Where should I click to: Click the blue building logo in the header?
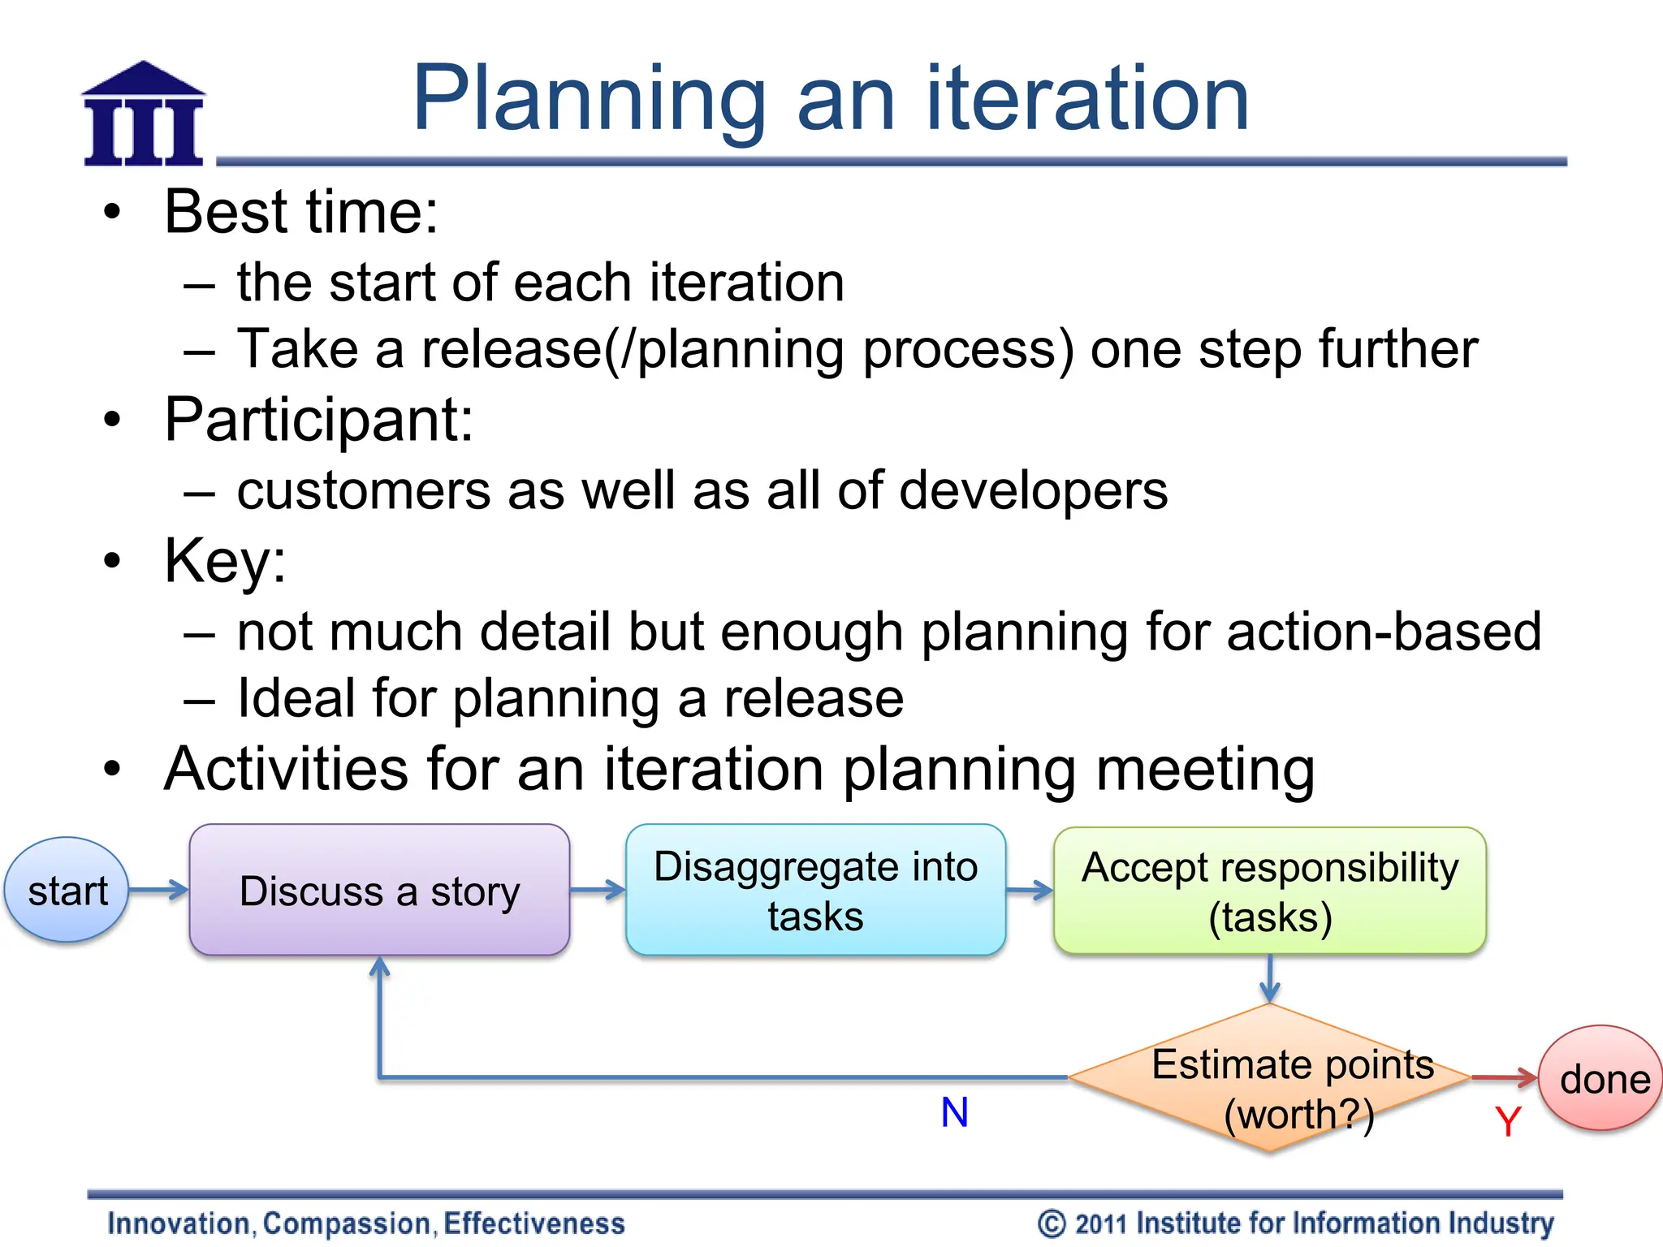tap(144, 115)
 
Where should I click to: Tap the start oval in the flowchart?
tap(67, 891)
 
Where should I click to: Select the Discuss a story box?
tap(379, 891)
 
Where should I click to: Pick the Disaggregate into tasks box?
tap(815, 891)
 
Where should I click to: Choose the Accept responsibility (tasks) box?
tap(1269, 891)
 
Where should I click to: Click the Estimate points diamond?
tap(1269, 1078)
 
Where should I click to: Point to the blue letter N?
tap(954, 1112)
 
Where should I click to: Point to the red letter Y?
tap(1507, 1123)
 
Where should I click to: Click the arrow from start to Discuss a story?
tap(159, 890)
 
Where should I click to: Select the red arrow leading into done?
tap(1505, 1077)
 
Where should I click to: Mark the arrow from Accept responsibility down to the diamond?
tap(1270, 979)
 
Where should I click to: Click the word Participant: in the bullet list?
tap(319, 420)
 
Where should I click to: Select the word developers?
tap(1033, 490)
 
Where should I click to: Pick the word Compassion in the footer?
tap(348, 1223)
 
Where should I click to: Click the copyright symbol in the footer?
tap(1052, 1223)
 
